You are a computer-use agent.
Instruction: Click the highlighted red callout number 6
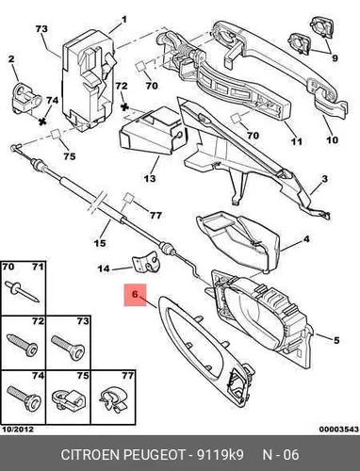[x=135, y=295]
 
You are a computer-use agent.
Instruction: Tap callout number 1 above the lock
[x=124, y=20]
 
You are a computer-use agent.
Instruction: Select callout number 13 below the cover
[x=150, y=178]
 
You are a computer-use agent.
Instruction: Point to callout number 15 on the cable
[x=100, y=243]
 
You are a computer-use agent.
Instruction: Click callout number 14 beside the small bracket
[x=104, y=268]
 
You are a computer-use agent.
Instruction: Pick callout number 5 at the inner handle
[x=336, y=340]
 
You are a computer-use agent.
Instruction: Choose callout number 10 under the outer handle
[x=332, y=139]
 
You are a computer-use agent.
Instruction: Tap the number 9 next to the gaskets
[x=335, y=58]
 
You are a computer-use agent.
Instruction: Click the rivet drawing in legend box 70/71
[x=23, y=292]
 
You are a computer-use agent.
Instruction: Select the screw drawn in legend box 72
[x=22, y=345]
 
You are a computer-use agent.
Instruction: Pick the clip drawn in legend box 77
[x=113, y=399]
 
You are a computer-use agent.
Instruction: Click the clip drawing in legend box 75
[x=69, y=399]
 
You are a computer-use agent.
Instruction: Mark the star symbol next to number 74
[x=41, y=121]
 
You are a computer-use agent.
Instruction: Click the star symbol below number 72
[x=125, y=106]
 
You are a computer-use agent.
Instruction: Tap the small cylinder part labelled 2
[x=26, y=97]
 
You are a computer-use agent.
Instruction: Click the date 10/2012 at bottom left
[x=18, y=429]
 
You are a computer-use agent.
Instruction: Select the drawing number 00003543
[x=339, y=429]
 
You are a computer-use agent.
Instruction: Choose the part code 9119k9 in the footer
[x=220, y=455]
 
